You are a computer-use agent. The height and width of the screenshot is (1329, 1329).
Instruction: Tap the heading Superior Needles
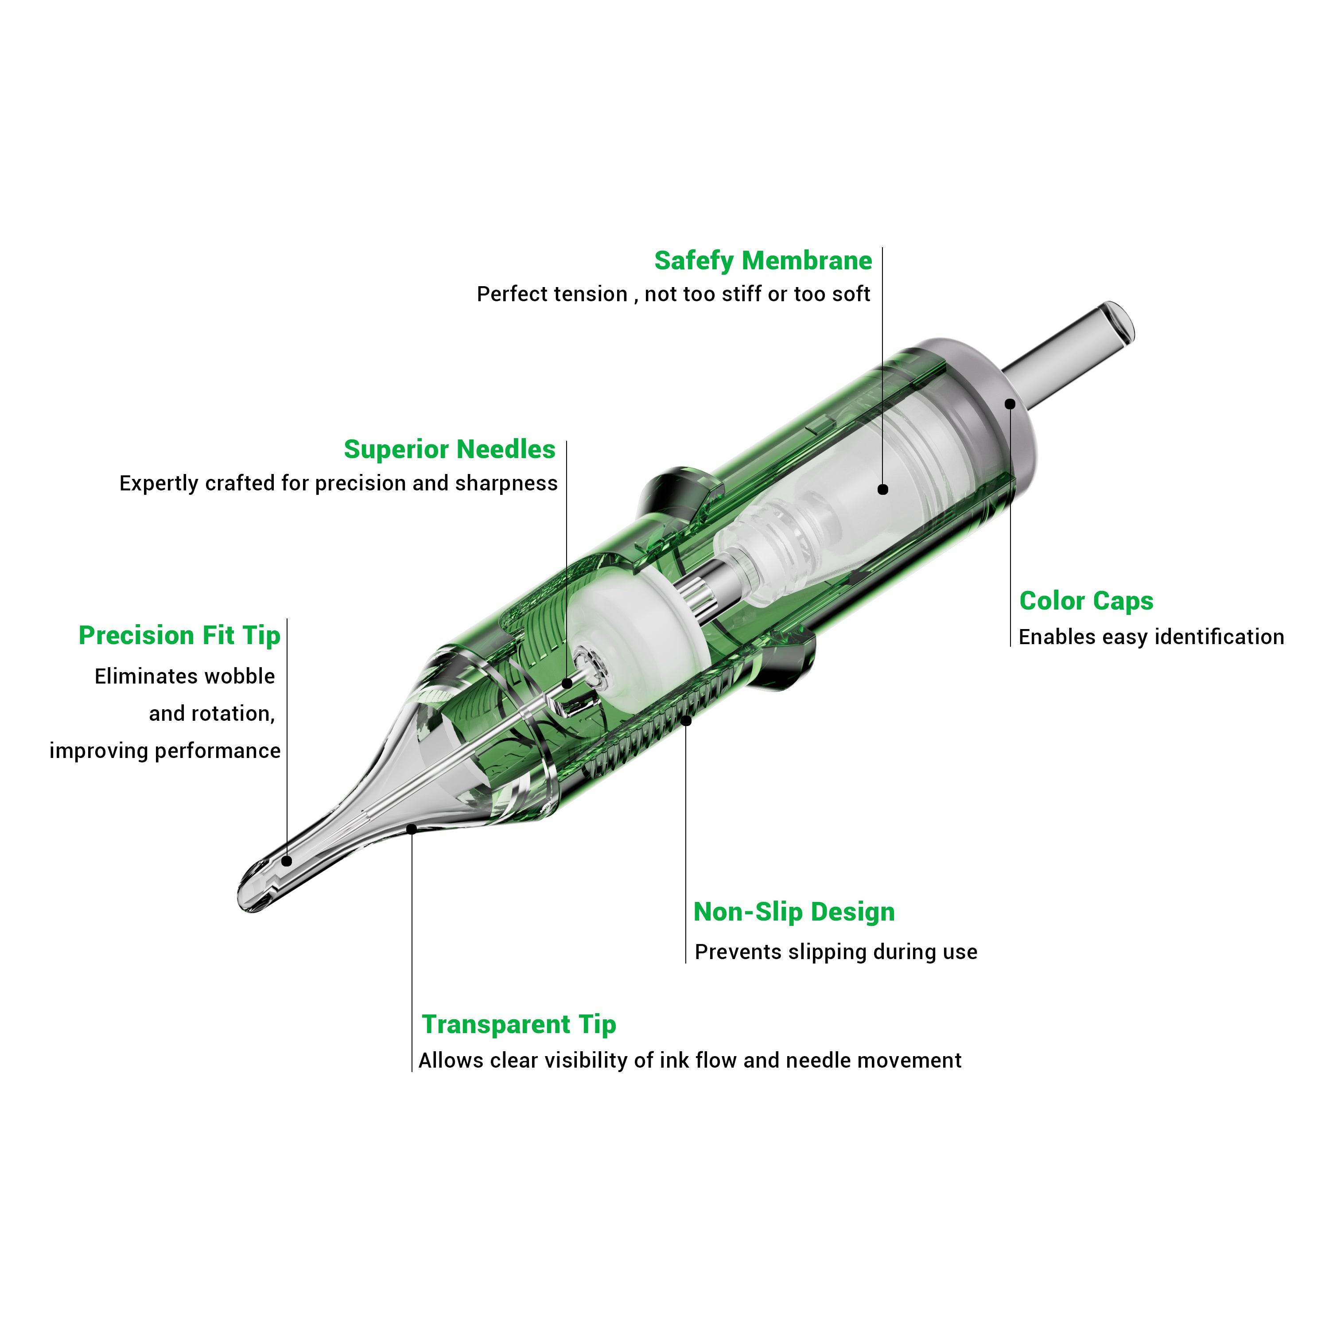pyautogui.click(x=449, y=449)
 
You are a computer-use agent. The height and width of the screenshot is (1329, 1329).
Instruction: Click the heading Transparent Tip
pyautogui.click(x=519, y=1024)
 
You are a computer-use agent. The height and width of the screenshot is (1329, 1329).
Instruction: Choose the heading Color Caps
pyautogui.click(x=1085, y=601)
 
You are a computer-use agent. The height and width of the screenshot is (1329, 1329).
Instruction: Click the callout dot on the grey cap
pyautogui.click(x=1010, y=404)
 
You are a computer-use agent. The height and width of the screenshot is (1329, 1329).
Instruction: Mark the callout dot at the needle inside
pyautogui.click(x=567, y=683)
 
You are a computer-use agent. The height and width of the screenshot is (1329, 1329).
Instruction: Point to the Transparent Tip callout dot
pyautogui.click(x=412, y=829)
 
